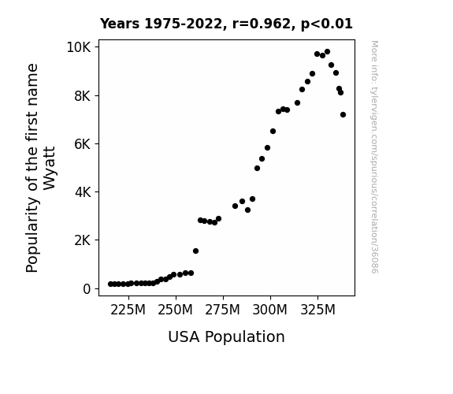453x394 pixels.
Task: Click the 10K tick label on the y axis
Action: (x=79, y=47)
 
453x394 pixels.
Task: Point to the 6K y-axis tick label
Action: (x=83, y=143)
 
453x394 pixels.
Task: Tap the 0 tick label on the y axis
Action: (x=87, y=288)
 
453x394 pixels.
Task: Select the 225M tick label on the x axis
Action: (x=128, y=310)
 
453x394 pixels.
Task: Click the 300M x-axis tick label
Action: (x=270, y=310)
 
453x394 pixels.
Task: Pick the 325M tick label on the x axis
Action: (x=317, y=310)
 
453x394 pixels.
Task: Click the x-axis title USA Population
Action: (x=227, y=336)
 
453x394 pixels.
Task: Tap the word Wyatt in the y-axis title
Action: (x=49, y=169)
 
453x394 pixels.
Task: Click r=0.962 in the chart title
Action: (x=262, y=24)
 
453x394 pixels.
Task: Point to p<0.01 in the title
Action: (x=327, y=24)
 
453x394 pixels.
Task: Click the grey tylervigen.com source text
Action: (x=374, y=157)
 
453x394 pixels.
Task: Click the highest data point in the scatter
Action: (x=327, y=52)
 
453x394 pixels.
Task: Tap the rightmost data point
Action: (x=343, y=115)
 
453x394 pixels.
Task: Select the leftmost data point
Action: (x=110, y=284)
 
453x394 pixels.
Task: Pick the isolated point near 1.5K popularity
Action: (x=195, y=251)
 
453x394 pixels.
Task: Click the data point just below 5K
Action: (x=257, y=168)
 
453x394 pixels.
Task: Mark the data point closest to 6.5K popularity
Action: (x=273, y=132)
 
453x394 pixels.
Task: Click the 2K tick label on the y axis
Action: (x=83, y=240)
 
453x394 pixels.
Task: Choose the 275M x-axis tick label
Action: (x=222, y=310)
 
